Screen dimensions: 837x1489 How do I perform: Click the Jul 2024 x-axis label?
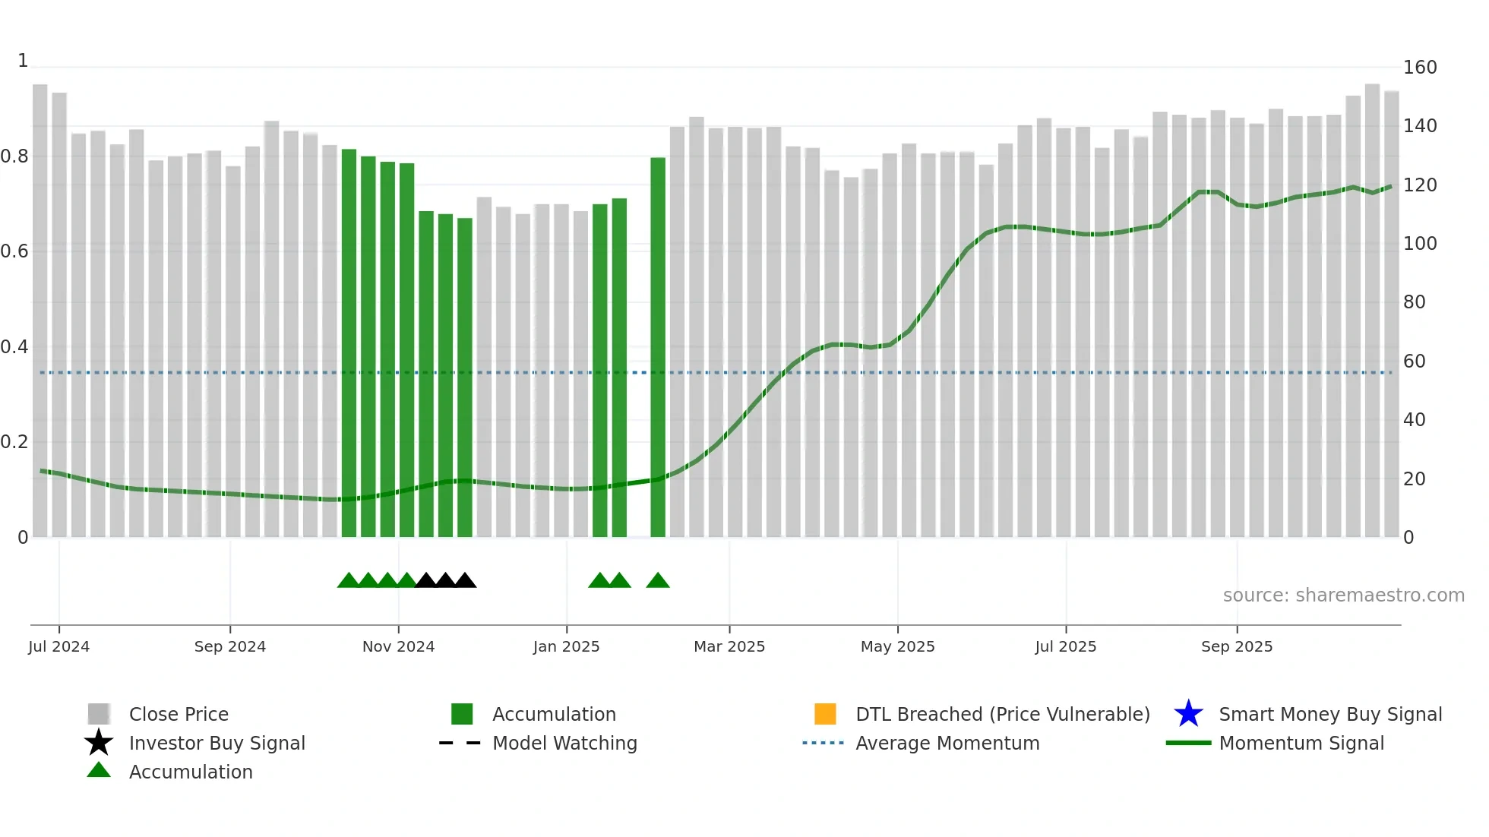pyautogui.click(x=58, y=646)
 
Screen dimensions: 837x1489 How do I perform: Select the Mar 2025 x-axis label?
pyautogui.click(x=729, y=646)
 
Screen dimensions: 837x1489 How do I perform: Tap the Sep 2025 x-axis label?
pyautogui.click(x=1236, y=646)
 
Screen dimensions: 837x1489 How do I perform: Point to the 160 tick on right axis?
pyautogui.click(x=1419, y=68)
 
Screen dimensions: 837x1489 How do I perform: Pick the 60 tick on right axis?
pyautogui.click(x=1414, y=362)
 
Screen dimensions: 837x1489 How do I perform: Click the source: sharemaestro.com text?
pyautogui.click(x=1343, y=595)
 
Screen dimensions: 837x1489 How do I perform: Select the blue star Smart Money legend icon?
pyautogui.click(x=1188, y=714)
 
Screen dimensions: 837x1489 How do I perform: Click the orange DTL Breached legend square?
pyautogui.click(x=825, y=714)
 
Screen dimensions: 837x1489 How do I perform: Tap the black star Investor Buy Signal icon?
pyautogui.click(x=99, y=743)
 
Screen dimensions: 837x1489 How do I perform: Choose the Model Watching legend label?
pyautogui.click(x=564, y=743)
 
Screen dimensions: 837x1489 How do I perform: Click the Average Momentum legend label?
pyautogui.click(x=947, y=743)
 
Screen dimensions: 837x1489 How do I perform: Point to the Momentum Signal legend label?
pyautogui.click(x=1301, y=743)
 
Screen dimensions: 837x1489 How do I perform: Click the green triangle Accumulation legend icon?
pyautogui.click(x=99, y=771)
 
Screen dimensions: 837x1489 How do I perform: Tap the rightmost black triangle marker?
pyautogui.click(x=465, y=581)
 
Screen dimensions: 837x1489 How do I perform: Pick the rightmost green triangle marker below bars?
pyautogui.click(x=658, y=581)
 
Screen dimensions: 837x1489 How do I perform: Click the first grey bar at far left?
pyautogui.click(x=40, y=311)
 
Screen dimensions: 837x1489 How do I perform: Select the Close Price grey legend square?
pyautogui.click(x=99, y=714)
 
